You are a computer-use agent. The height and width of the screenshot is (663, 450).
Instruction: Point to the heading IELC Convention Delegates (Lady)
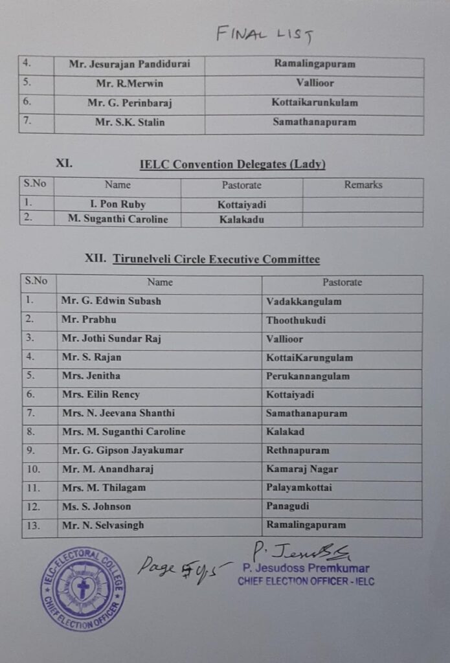(x=232, y=164)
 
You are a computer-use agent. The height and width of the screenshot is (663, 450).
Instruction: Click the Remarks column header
(x=363, y=185)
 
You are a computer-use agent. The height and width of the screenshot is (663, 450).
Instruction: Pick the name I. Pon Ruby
(x=117, y=205)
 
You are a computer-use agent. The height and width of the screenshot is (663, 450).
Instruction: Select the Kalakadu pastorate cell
(x=242, y=219)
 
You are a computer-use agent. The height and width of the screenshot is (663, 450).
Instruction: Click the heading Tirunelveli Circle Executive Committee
(x=216, y=260)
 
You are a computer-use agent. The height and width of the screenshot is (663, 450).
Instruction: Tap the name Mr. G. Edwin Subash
(x=111, y=301)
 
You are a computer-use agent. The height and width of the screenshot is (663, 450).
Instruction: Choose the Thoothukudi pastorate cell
(x=296, y=320)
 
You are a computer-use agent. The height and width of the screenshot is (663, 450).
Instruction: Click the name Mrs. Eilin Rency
(x=100, y=394)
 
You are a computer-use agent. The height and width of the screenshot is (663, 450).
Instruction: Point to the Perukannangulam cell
(x=308, y=376)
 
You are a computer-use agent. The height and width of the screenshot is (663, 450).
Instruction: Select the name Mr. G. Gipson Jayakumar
(x=122, y=450)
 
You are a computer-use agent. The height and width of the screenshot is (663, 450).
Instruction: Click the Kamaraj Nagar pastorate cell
(x=302, y=469)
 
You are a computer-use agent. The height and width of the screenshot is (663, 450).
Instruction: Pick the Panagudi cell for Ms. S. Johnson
(x=287, y=506)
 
